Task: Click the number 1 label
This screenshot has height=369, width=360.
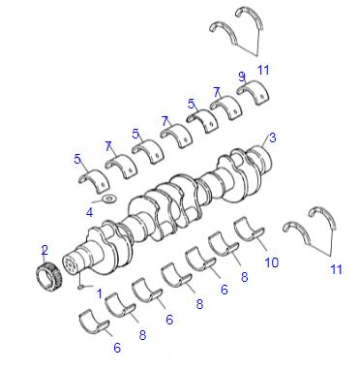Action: tap(100, 293)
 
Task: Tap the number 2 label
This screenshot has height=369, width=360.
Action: tap(45, 250)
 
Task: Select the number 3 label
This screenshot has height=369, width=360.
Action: tap(273, 138)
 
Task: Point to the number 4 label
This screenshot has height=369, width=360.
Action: tap(89, 212)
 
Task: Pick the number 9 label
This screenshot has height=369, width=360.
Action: tap(242, 77)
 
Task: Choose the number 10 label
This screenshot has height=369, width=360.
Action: tap(271, 262)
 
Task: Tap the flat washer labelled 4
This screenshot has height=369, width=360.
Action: tap(109, 199)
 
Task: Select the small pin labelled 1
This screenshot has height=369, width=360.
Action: tap(81, 287)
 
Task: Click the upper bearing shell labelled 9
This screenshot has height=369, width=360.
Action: tap(254, 93)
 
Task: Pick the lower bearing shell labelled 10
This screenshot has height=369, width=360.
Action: tap(249, 230)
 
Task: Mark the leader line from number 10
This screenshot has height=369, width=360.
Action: tap(261, 244)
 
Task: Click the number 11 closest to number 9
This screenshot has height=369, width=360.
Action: tap(263, 70)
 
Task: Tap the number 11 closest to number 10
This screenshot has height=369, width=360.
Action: tap(336, 269)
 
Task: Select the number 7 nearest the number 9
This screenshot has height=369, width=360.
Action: tap(217, 93)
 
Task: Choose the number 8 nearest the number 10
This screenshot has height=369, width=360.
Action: tap(245, 277)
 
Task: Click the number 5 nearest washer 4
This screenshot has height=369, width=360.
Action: tap(77, 159)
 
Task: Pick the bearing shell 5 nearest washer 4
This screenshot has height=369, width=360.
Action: tap(94, 180)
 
